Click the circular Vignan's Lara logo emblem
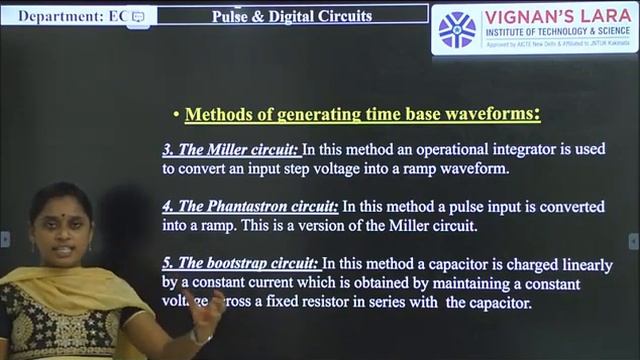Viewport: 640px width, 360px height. (458, 29)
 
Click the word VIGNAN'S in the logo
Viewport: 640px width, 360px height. (530, 17)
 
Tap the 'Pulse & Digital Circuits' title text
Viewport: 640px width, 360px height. (292, 16)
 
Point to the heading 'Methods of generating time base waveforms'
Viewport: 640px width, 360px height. (362, 114)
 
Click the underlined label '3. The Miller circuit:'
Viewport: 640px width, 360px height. (230, 149)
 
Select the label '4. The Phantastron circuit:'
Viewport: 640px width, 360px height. (251, 206)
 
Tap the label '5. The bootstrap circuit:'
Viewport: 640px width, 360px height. (241, 264)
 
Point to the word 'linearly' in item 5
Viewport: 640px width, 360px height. (579, 264)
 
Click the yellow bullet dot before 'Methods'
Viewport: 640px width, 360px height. (176, 115)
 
